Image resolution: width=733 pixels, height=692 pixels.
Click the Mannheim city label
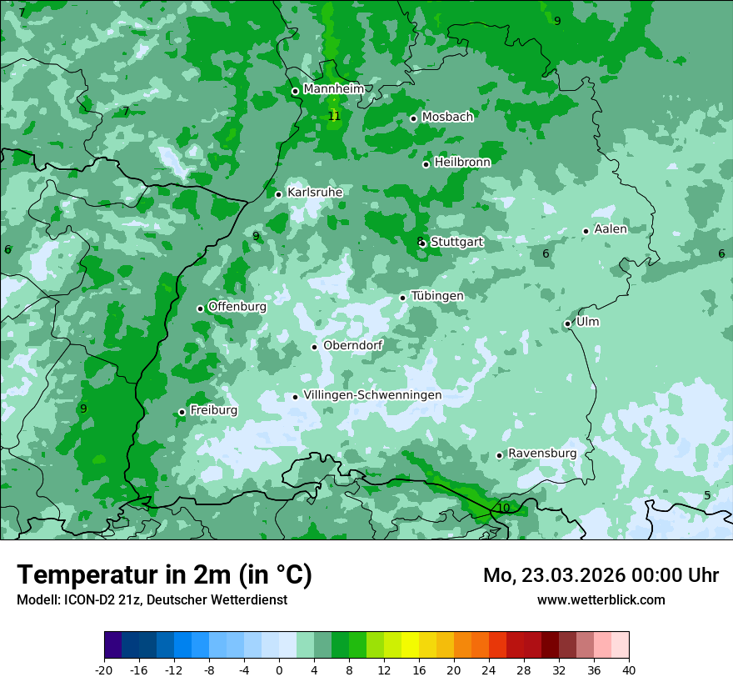coord(333,88)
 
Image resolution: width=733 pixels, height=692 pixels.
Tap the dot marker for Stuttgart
coord(423,243)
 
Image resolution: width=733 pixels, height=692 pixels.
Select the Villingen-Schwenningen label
coord(372,395)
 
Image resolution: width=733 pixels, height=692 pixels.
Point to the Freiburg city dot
coord(182,412)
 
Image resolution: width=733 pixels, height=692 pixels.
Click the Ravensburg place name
coord(542,454)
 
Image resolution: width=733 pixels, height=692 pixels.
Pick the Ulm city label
coord(587,322)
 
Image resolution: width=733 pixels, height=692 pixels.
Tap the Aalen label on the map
coord(611,229)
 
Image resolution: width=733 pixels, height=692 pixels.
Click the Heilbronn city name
coord(462,163)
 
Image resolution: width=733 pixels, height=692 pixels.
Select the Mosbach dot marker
coord(413,118)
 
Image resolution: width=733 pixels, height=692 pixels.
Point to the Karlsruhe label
coord(315,193)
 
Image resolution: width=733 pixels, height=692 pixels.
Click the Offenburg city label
coord(237,307)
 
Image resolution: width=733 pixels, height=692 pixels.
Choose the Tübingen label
coord(437,296)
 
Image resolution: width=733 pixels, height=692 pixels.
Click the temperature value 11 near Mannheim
coord(334,116)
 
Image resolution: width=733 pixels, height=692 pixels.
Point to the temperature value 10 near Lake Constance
coord(503,508)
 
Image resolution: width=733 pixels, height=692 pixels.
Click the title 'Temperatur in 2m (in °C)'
coord(164,575)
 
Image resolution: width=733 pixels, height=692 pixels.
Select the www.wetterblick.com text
coord(601,599)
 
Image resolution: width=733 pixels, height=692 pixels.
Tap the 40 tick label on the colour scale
coord(628,669)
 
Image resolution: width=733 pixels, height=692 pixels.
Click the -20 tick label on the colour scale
coord(104,669)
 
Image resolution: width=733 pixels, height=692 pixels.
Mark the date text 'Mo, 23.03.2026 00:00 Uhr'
coord(601,575)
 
